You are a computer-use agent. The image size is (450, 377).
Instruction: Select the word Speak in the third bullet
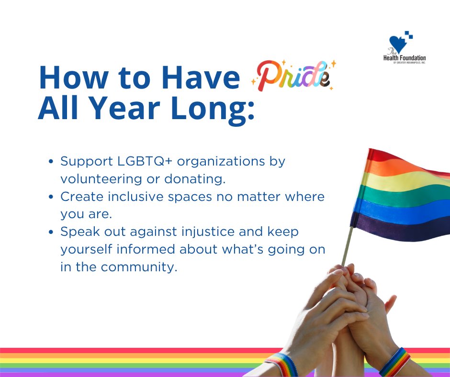(77, 232)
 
